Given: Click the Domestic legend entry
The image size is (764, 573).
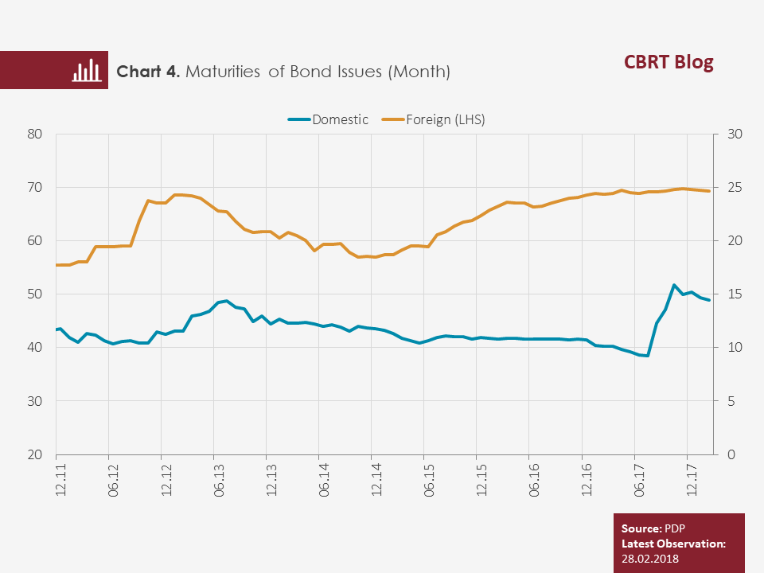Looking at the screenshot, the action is click(328, 119).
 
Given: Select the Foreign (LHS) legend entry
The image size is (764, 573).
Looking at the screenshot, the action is click(433, 119).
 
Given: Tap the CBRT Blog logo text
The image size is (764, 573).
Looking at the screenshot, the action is click(668, 62).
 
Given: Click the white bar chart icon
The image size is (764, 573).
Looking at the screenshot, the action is click(87, 70).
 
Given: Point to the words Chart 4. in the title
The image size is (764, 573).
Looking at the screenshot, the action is click(148, 72).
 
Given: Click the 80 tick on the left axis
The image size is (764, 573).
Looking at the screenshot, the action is click(34, 134).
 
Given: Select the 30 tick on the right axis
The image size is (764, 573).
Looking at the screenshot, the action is click(735, 134).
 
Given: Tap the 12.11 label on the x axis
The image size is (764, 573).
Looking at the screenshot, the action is click(61, 479).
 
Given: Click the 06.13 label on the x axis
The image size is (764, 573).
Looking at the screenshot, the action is click(219, 479).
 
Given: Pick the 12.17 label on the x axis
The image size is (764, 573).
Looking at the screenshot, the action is click(692, 479).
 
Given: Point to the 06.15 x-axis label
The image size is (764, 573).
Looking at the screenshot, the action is click(429, 479).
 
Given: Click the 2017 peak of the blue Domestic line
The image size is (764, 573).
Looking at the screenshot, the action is click(674, 285).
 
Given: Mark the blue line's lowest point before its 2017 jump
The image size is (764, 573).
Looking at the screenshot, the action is click(647, 356).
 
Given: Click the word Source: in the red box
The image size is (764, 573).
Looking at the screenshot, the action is click(641, 528).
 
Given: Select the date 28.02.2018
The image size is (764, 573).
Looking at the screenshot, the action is click(650, 559).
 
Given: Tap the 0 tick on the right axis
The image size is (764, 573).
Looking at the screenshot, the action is click(731, 454).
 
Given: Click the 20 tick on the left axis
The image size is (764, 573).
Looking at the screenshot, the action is click(34, 454).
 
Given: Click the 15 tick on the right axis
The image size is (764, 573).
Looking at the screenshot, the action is click(735, 294).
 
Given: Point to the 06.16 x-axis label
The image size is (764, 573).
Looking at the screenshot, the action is click(535, 479).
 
